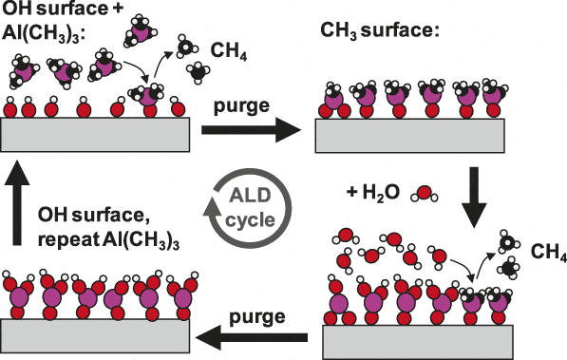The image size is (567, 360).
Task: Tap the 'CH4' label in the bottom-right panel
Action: [x=550, y=254]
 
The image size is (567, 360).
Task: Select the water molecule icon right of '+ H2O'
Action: [x=423, y=195]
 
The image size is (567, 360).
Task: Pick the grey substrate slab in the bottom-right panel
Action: [x=419, y=339]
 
